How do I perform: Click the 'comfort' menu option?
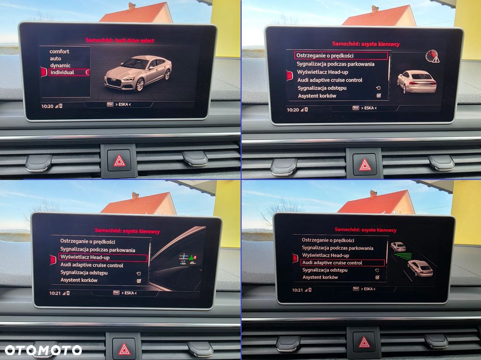pyautogui.click(x=59, y=51)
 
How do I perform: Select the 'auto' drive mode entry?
pyautogui.click(x=55, y=59)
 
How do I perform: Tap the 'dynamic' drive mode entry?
pyautogui.click(x=61, y=66)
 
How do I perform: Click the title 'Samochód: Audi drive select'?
pyautogui.click(x=120, y=40)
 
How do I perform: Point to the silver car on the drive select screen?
pyautogui.click(x=138, y=73)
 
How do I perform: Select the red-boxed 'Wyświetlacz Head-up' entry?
pyautogui.click(x=103, y=257)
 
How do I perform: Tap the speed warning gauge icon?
pyautogui.click(x=432, y=56)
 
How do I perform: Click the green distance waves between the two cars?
pyautogui.click(x=403, y=256)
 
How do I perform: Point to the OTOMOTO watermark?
pyautogui.click(x=43, y=350)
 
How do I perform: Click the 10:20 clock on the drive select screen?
pyautogui.click(x=47, y=106)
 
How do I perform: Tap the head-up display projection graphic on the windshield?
pyautogui.click(x=188, y=260)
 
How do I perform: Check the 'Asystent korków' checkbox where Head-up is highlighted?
pyautogui.click(x=139, y=281)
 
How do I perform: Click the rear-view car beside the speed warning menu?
pyautogui.click(x=417, y=82)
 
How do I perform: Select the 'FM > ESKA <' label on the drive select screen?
pyautogui.click(x=119, y=104)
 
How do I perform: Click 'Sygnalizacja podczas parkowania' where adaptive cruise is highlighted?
pyautogui.click(x=338, y=248)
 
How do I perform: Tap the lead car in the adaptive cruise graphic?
pyautogui.click(x=398, y=247)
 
